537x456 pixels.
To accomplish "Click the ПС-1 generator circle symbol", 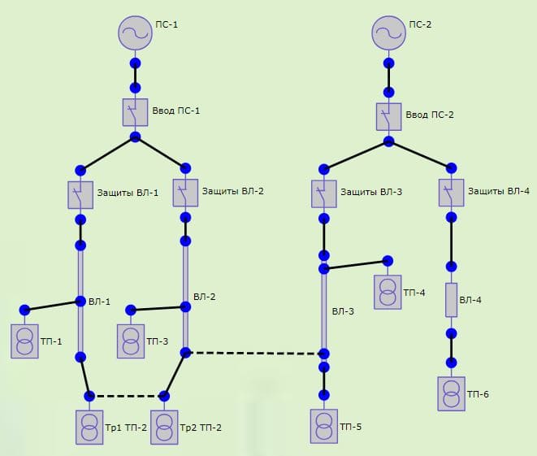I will coord(135,33).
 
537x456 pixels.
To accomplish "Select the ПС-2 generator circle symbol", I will coord(388,33).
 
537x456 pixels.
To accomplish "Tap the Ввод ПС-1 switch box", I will coord(135,112).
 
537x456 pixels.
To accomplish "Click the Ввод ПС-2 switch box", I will coord(388,115).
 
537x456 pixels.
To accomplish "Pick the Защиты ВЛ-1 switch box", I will coord(80,194).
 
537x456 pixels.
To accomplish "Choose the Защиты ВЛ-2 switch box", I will coord(186,193).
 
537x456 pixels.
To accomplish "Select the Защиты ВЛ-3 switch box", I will coord(323,193).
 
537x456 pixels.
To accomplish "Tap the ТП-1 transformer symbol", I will coord(24,341).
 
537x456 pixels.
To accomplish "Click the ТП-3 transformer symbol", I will coord(130,341).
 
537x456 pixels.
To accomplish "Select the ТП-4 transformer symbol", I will coord(388,292).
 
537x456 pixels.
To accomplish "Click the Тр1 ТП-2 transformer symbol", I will coord(89,427).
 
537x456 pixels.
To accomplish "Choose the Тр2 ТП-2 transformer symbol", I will coord(164,427).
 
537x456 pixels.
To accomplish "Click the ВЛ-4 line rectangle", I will coord(452,300).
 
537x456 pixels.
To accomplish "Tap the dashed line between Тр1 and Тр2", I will coord(127,396).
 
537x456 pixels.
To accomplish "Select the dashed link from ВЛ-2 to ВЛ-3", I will coord(254,353).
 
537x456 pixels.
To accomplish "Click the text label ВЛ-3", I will coord(343,311).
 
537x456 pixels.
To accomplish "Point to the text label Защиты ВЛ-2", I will coord(233,192).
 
